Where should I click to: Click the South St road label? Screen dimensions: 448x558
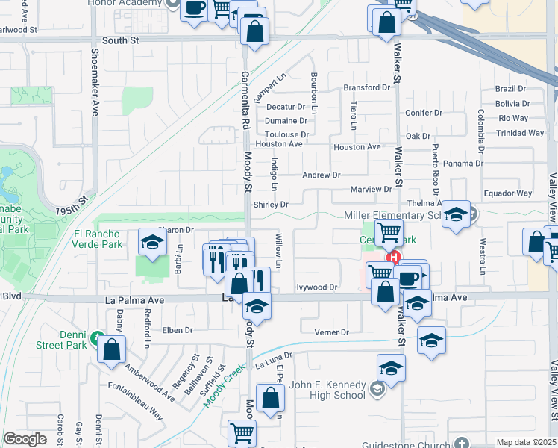[121, 41]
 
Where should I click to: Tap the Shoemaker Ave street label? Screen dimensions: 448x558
[95, 82]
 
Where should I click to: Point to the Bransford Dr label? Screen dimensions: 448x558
[367, 87]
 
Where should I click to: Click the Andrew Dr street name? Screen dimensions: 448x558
[321, 175]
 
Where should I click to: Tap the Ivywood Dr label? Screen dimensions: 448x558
[317, 287]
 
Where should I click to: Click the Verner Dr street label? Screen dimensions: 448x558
[332, 332]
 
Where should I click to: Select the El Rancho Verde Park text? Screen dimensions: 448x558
[98, 239]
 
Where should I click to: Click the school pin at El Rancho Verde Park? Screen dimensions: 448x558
[152, 242]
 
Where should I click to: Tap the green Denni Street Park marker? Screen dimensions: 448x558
[95, 338]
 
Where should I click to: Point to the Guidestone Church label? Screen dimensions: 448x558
[407, 445]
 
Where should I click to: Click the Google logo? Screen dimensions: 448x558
[25, 439]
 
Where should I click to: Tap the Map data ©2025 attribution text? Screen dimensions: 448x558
[526, 442]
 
